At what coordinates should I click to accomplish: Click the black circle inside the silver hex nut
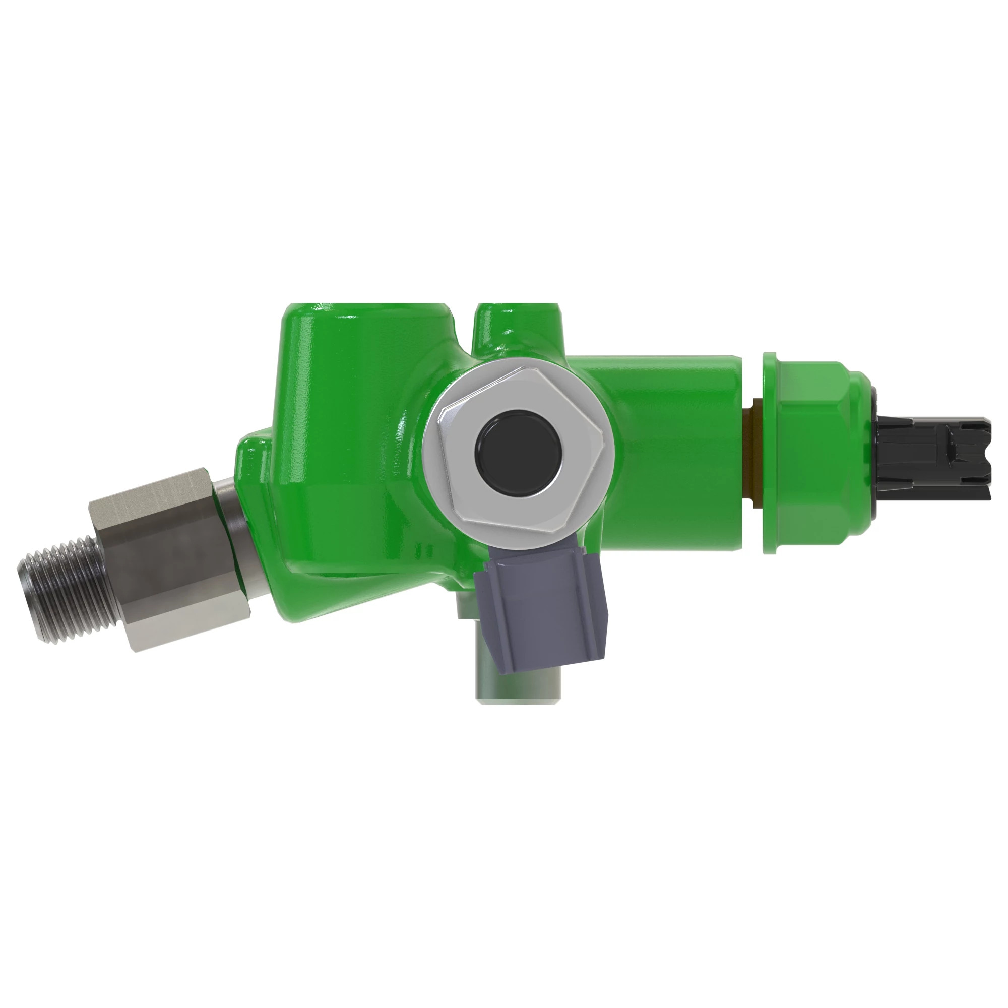(519, 453)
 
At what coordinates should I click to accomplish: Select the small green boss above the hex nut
(517, 331)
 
